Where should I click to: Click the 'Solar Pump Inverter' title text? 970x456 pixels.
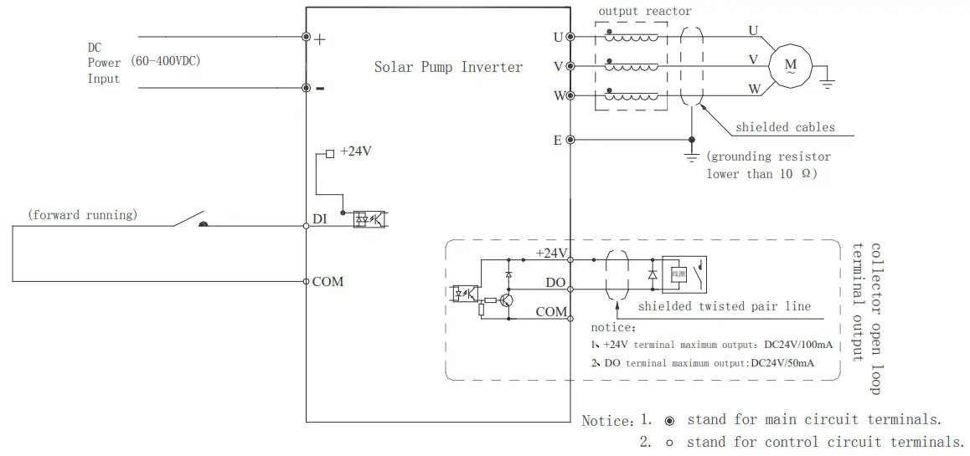(x=447, y=67)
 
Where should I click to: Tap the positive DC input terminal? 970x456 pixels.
(x=306, y=37)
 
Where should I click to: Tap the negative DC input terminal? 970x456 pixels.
(x=306, y=87)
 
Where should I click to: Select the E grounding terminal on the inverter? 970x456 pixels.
(x=570, y=140)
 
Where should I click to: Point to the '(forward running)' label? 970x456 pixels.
(x=82, y=215)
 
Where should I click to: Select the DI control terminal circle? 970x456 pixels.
(x=306, y=225)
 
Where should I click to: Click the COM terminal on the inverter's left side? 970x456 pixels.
(x=306, y=281)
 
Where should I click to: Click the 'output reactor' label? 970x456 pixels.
(x=645, y=11)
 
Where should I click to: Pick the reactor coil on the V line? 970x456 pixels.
(x=632, y=66)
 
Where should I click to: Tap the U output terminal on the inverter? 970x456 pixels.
(x=570, y=37)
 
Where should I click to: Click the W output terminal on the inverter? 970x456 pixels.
(x=570, y=95)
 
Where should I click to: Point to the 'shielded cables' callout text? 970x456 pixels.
(x=785, y=127)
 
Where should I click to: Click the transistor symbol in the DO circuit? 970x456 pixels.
(x=506, y=301)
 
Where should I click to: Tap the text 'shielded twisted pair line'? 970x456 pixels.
(x=724, y=306)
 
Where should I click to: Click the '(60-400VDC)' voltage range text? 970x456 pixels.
(x=165, y=62)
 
